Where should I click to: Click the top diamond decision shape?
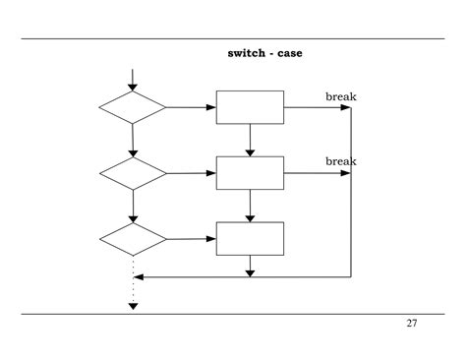[133, 107]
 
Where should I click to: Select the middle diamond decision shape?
[133, 173]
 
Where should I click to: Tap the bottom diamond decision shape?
[133, 238]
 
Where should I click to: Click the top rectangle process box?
[250, 107]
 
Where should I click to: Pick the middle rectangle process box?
[250, 172]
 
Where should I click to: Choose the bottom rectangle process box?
[250, 238]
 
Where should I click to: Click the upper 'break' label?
[340, 95]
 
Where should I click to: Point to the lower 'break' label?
[340, 160]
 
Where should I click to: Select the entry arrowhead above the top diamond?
[133, 87]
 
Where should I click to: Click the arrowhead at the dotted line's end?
[133, 306]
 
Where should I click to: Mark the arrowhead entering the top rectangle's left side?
[211, 107]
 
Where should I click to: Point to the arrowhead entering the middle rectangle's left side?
[211, 173]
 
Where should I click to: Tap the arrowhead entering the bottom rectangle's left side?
[211, 238]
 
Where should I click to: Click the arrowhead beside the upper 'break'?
[346, 107]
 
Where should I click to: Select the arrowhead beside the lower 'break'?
[346, 173]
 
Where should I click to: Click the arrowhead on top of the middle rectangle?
[250, 152]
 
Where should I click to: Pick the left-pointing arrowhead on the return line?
[138, 277]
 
